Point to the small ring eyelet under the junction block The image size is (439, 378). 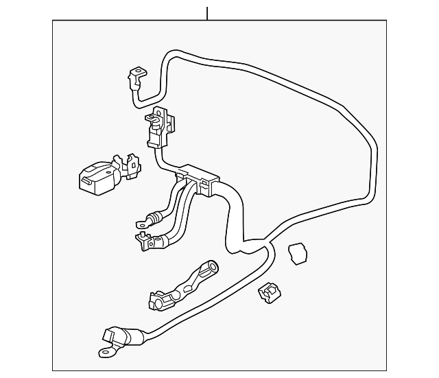point(141,222)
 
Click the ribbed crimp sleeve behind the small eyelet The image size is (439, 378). point(157,215)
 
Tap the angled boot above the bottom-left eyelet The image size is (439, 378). point(113,337)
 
